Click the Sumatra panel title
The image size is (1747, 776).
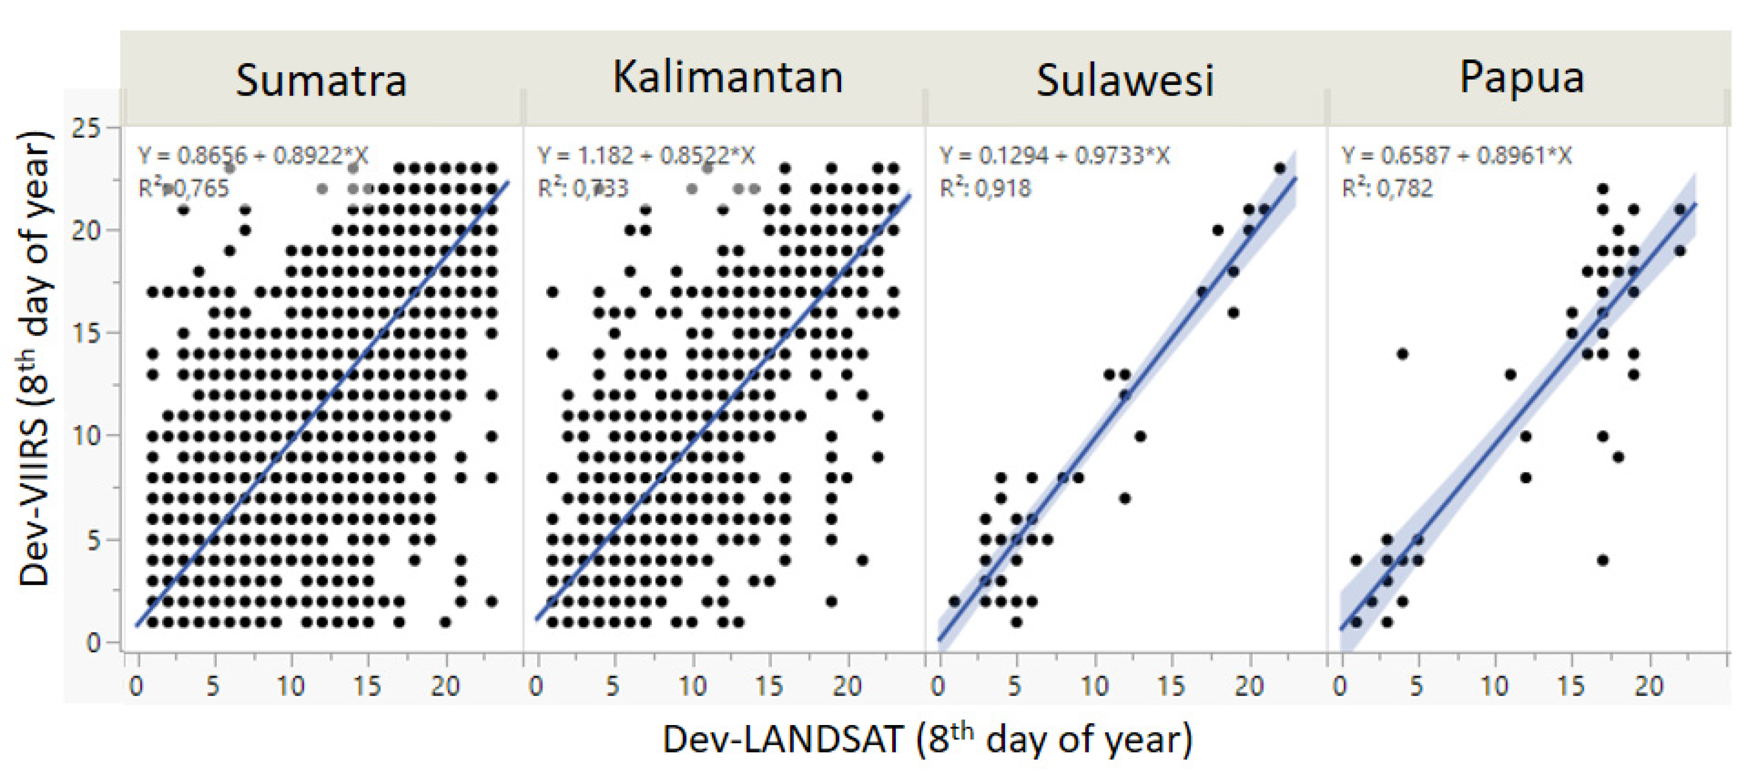click(x=321, y=81)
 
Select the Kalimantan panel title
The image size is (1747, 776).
click(x=728, y=78)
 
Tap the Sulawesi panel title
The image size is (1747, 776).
click(x=1124, y=81)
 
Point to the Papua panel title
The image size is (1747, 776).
click(x=1521, y=78)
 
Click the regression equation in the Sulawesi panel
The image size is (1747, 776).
click(x=1054, y=156)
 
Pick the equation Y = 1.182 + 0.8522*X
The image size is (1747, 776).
click(x=646, y=156)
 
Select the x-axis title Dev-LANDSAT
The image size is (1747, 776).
click(x=927, y=739)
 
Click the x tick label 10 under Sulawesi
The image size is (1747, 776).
click(x=1093, y=686)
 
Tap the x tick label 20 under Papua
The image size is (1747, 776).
click(x=1649, y=686)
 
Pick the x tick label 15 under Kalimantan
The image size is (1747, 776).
click(x=768, y=686)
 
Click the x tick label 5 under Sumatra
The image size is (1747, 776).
click(x=213, y=686)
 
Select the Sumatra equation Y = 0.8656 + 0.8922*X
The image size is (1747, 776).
click(x=253, y=156)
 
